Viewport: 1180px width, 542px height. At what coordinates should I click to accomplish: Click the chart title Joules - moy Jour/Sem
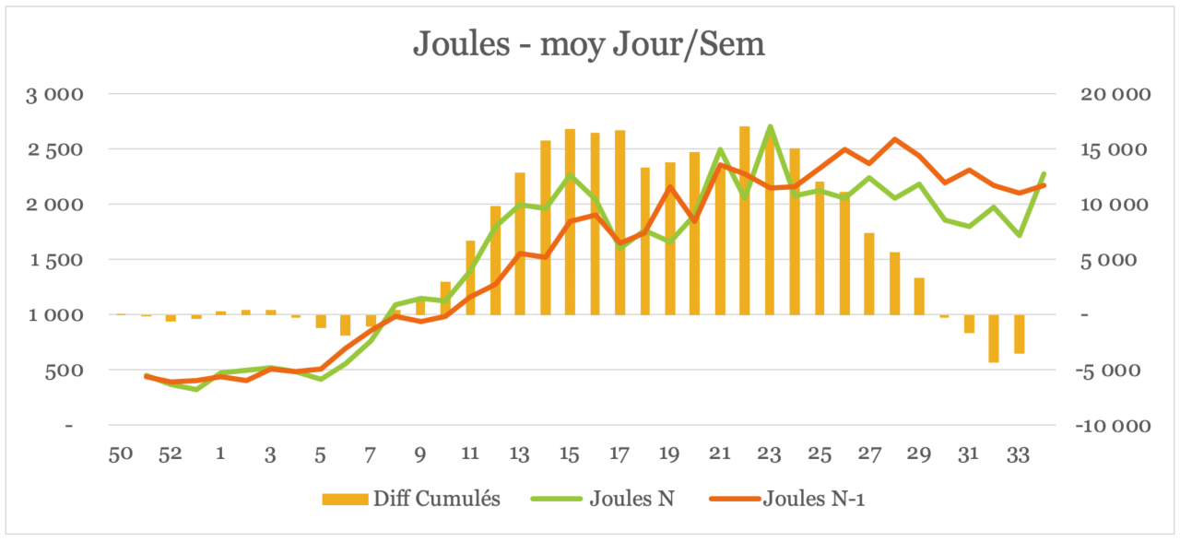coord(589,43)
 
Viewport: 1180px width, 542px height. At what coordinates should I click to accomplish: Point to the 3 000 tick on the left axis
coord(57,94)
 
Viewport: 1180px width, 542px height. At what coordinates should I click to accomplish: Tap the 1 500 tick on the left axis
coord(57,260)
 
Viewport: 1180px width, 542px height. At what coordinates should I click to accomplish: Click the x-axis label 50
coord(122,454)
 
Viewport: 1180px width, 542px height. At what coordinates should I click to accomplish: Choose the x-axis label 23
coord(769,454)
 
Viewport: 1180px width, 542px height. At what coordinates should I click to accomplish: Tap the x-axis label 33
coord(1019,454)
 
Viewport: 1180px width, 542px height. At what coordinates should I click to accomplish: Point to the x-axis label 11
coord(470,454)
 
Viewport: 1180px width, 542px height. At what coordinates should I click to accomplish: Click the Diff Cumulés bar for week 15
coord(570,221)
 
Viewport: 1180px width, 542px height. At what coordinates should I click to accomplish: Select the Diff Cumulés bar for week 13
coord(520,243)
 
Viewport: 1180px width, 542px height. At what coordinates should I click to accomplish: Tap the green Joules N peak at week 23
coord(770,126)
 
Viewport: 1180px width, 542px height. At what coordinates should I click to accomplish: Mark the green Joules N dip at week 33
coord(1019,235)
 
